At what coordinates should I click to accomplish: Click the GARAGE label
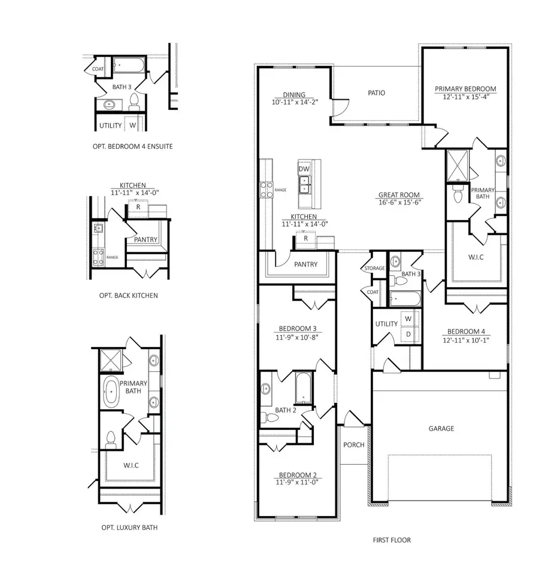pos(441,428)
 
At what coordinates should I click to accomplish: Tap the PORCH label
pos(353,445)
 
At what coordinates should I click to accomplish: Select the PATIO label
pos(376,93)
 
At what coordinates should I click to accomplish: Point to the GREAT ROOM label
pos(399,195)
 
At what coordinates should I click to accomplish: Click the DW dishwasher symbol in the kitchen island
pos(304,169)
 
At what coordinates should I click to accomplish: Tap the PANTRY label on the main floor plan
pos(305,264)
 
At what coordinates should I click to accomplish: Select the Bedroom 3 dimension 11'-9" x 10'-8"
pos(298,337)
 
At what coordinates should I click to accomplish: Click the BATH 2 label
pos(286,410)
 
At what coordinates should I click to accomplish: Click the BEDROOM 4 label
pos(466,331)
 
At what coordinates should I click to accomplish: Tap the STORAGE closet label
pos(374,269)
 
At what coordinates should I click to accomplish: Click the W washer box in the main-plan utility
pos(408,319)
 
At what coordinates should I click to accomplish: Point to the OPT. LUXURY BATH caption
pos(129,528)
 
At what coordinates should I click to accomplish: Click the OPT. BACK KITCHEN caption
pos(129,295)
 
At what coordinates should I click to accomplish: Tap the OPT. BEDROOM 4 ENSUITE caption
pos(129,146)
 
